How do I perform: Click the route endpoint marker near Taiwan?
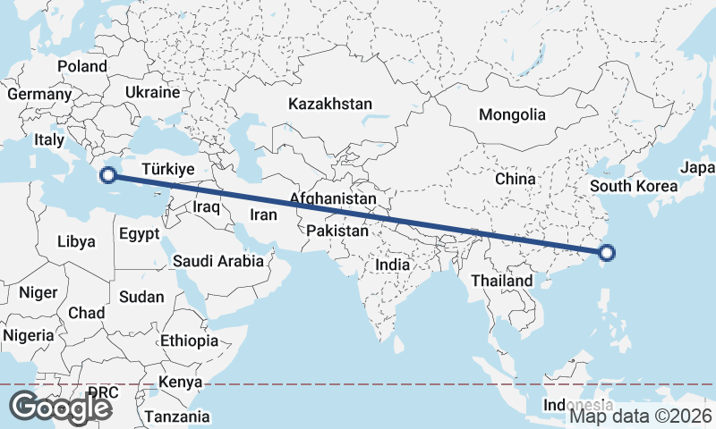pos(606,253)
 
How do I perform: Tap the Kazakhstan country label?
pos(329,105)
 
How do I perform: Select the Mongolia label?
pos(512,114)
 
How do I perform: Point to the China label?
pos(515,179)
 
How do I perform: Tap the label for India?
pos(392,265)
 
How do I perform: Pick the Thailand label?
pos(502,281)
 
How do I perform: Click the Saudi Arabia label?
pos(218,261)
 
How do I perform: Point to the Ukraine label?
pos(152,93)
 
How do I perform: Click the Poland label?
pos(82,66)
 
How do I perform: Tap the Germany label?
pos(38,94)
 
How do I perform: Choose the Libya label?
pos(75,241)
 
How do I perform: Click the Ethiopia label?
pos(189,341)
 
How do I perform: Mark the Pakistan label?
pos(337,231)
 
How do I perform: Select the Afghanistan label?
pos(333,198)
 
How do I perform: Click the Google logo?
pos(60,407)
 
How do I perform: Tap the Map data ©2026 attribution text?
pos(640,416)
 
